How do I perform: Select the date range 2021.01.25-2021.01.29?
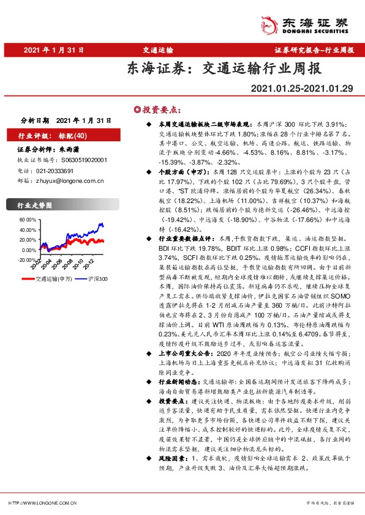pos(302,89)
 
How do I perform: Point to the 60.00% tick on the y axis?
pos(28,219)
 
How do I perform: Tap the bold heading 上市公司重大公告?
pos(176,353)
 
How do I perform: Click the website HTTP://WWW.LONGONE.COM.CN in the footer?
pos(42,503)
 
